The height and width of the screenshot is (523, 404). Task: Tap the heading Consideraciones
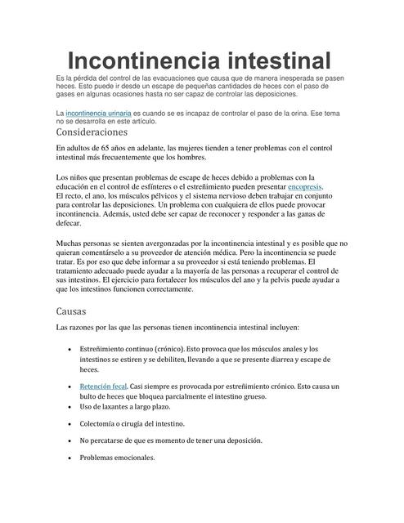pyautogui.click(x=92, y=132)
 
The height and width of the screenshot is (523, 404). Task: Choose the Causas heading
pyautogui.click(x=71, y=312)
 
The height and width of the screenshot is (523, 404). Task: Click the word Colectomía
pyautogui.click(x=105, y=423)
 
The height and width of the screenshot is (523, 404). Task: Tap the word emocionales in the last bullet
pyautogui.click(x=133, y=458)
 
